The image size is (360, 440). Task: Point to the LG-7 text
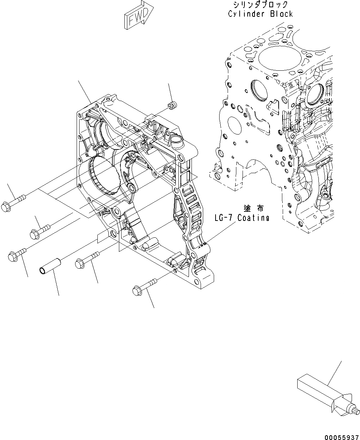pyautogui.click(x=224, y=218)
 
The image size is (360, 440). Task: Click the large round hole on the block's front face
pyautogui.click(x=233, y=128)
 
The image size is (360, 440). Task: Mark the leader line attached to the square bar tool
pyautogui.click(x=335, y=373)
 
